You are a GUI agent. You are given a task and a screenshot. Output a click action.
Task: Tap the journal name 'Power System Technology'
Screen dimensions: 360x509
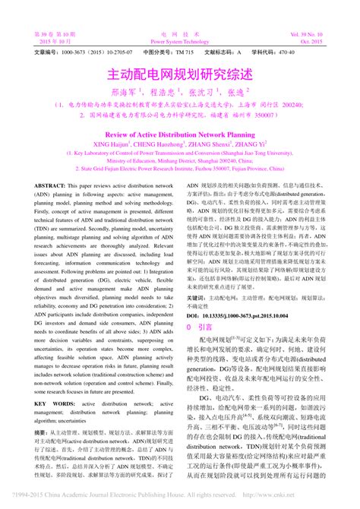click(180, 42)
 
